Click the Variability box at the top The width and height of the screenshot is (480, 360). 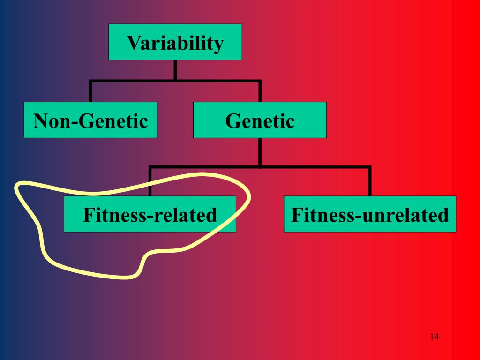(175, 42)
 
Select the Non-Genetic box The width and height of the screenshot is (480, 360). (90, 120)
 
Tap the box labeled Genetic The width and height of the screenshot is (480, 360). (260, 120)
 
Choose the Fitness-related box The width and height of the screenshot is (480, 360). (150, 214)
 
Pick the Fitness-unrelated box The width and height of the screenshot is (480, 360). (369, 214)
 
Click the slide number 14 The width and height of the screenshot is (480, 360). (434, 337)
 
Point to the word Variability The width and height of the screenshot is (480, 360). (175, 44)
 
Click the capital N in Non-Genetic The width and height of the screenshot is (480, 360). (40, 121)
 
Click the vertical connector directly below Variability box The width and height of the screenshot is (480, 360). (175, 70)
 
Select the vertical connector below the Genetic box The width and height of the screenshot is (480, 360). (260, 152)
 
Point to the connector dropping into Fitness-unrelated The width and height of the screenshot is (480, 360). (369, 182)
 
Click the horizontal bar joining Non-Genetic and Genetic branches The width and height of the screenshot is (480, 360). (175, 82)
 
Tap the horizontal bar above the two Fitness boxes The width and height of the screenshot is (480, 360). (260, 167)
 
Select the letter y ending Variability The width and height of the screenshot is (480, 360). (218, 46)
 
